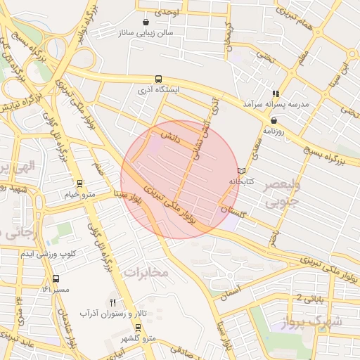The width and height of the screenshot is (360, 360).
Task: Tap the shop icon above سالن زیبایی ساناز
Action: (x=146, y=22)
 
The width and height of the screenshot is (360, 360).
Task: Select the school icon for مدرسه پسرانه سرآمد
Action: (x=276, y=93)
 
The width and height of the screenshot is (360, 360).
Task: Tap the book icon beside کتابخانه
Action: (x=242, y=170)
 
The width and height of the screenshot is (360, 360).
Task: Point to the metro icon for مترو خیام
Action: (x=79, y=183)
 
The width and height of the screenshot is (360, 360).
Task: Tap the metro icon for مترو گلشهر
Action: (x=137, y=328)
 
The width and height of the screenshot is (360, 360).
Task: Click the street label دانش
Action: (x=171, y=136)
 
